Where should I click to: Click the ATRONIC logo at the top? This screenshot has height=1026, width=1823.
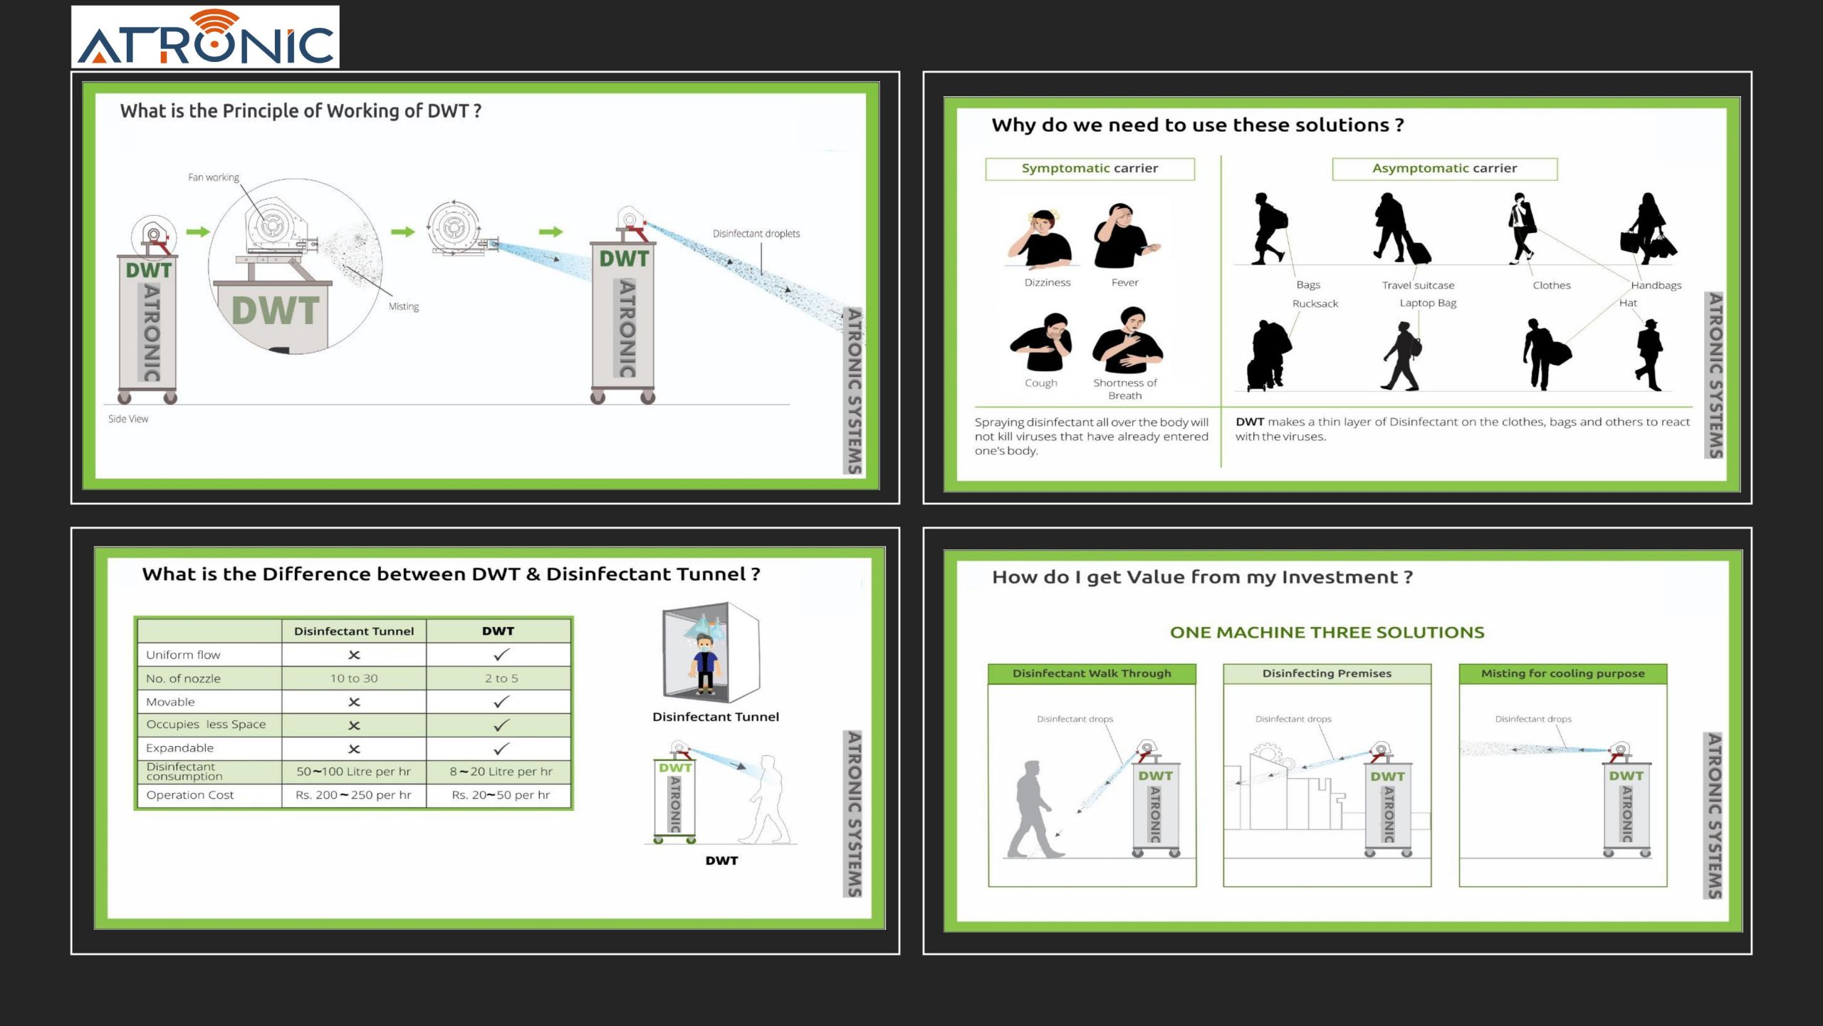[205, 37]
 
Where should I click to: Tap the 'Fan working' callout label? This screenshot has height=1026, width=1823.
[214, 177]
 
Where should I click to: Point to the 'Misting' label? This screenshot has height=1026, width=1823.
[404, 306]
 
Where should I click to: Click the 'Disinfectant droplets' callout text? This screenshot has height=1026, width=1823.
[756, 234]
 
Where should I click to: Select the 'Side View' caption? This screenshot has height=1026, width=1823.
[128, 419]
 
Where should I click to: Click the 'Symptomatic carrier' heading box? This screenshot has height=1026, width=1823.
[1090, 169]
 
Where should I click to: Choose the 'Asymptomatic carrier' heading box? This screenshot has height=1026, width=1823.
[1445, 169]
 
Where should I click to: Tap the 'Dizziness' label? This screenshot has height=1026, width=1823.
[1048, 283]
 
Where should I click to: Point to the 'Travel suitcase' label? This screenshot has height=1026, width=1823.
[1418, 286]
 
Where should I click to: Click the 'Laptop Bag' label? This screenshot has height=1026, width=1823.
[1428, 304]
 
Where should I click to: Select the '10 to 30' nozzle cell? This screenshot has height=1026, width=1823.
[354, 678]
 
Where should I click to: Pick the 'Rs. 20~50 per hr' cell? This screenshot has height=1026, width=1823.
[501, 795]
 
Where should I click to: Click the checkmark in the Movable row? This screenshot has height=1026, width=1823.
[501, 702]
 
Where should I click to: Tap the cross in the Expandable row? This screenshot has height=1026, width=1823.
[354, 749]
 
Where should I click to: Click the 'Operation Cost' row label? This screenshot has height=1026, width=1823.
[189, 795]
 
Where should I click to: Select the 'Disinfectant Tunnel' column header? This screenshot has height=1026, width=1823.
[354, 631]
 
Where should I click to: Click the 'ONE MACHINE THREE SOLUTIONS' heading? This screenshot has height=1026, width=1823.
[1327, 633]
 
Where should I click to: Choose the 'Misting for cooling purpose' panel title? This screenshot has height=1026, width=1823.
[1563, 673]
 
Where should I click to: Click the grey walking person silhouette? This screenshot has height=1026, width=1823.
[1034, 809]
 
